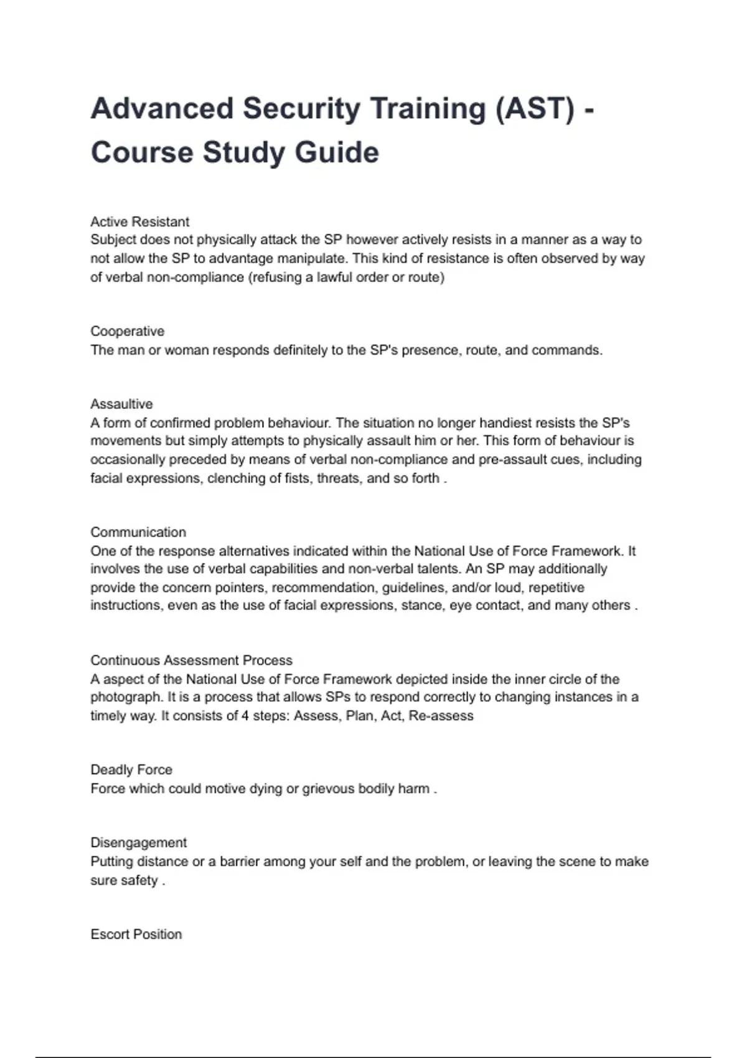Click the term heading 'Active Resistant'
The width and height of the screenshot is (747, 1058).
coord(139,222)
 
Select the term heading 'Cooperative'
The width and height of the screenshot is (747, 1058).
coord(127,331)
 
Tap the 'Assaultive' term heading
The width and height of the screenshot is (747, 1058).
coord(121,404)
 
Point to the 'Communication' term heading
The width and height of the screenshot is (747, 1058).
coord(138,532)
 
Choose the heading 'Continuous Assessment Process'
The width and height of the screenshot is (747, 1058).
coord(191,660)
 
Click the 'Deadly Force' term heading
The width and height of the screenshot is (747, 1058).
coord(131,770)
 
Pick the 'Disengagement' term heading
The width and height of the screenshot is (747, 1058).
coord(138,843)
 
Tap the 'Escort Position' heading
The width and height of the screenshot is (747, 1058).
coord(136,934)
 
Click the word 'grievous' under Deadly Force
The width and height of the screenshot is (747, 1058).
coord(327,789)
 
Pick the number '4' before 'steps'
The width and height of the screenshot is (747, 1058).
coord(245,716)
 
